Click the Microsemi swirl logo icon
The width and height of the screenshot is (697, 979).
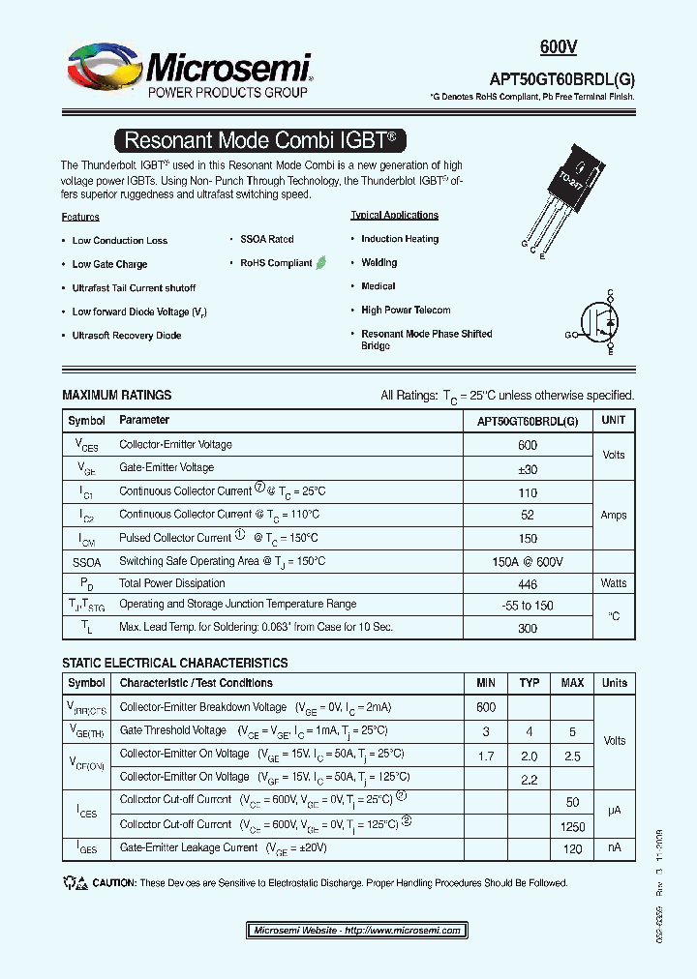click(102, 70)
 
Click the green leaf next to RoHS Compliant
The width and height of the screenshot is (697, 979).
click(321, 262)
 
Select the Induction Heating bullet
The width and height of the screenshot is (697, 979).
click(399, 239)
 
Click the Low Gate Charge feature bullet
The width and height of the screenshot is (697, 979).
click(109, 264)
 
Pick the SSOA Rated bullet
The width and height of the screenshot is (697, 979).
click(266, 239)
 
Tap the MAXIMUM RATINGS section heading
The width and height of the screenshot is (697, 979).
click(117, 396)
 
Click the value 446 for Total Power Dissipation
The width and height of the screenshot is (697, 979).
click(528, 583)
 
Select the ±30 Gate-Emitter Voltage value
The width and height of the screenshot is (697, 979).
click(528, 469)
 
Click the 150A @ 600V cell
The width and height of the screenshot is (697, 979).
click(528, 562)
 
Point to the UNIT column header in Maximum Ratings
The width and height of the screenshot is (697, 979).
click(613, 421)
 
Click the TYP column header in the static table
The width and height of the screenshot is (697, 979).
click(529, 683)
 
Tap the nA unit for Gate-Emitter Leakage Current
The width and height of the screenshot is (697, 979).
click(614, 847)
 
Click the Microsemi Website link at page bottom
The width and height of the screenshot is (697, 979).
click(356, 931)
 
